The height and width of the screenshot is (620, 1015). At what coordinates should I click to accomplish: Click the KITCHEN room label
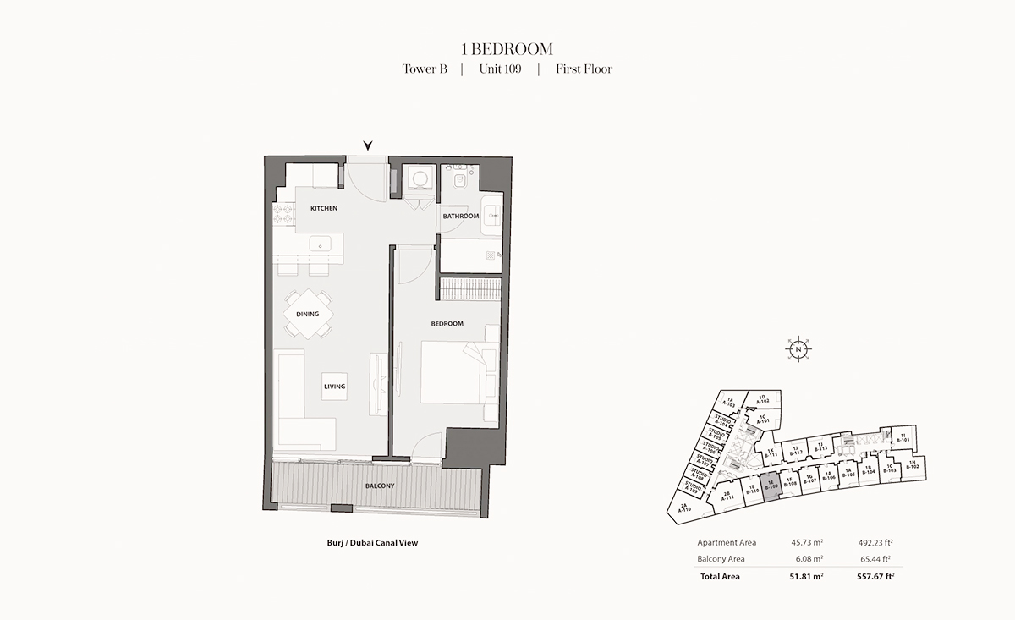tap(324, 208)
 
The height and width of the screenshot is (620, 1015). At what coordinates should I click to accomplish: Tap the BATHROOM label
tap(461, 217)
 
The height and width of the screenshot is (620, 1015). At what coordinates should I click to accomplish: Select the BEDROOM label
tap(447, 324)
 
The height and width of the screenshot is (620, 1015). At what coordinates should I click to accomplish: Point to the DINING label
tap(308, 315)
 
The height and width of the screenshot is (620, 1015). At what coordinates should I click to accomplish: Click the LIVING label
tap(334, 387)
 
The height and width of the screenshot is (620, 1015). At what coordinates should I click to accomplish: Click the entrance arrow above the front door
tap(367, 145)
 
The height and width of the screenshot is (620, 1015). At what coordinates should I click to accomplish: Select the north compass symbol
tap(797, 348)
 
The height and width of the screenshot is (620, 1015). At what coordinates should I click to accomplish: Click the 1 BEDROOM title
tap(507, 50)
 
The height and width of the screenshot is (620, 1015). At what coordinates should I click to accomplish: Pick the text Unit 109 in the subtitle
tap(500, 69)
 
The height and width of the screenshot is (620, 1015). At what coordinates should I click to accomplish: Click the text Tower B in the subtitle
tap(425, 69)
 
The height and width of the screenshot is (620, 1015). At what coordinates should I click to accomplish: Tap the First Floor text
tap(584, 69)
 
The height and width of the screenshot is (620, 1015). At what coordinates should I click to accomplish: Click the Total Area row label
tap(719, 577)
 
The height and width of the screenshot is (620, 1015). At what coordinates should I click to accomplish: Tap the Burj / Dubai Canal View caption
tap(372, 543)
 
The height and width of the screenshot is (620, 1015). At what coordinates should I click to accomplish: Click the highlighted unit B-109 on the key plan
tap(771, 488)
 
